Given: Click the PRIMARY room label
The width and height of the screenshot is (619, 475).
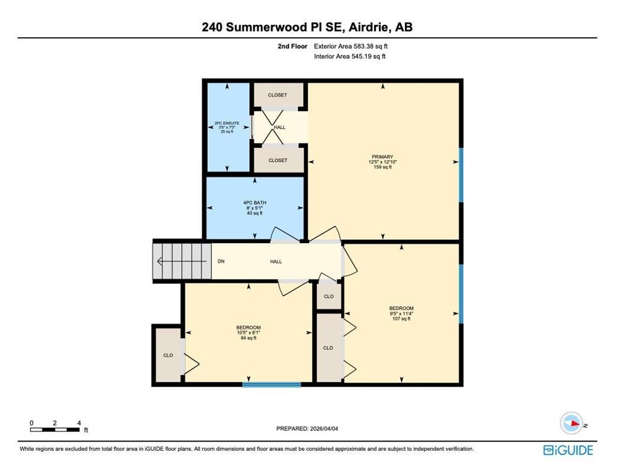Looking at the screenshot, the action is click(383, 156).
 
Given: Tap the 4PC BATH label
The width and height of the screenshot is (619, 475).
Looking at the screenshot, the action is click(255, 203).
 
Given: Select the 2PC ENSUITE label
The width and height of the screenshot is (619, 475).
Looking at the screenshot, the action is click(227, 123).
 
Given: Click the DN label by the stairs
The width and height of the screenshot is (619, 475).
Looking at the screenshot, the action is click(221, 262).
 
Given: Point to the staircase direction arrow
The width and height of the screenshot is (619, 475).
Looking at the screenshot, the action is click(182, 261).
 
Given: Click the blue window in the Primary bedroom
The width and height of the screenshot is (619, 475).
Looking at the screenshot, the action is click(461, 175).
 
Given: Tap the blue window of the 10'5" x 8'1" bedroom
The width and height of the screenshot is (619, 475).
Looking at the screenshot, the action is click(271, 385).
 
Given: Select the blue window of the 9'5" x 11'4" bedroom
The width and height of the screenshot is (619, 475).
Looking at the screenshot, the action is click(461, 294).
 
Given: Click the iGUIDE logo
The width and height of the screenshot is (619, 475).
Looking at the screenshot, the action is click(568, 450).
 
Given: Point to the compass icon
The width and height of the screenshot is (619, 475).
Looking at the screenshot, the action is click(571, 423).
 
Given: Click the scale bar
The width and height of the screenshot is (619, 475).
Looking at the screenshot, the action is click(55, 430).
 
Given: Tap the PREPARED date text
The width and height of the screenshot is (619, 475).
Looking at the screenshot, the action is click(307, 429).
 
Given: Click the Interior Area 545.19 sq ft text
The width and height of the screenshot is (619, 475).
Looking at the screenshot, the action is click(350, 56).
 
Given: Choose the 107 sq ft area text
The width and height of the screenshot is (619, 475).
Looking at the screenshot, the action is click(401, 319).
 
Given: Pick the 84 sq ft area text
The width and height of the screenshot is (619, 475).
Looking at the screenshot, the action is click(249, 338).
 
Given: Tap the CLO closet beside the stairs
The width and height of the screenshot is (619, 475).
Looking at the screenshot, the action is click(168, 356).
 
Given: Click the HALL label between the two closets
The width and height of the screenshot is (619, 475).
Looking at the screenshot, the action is click(280, 127).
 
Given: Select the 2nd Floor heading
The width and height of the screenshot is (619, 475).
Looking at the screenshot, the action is click(292, 46).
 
